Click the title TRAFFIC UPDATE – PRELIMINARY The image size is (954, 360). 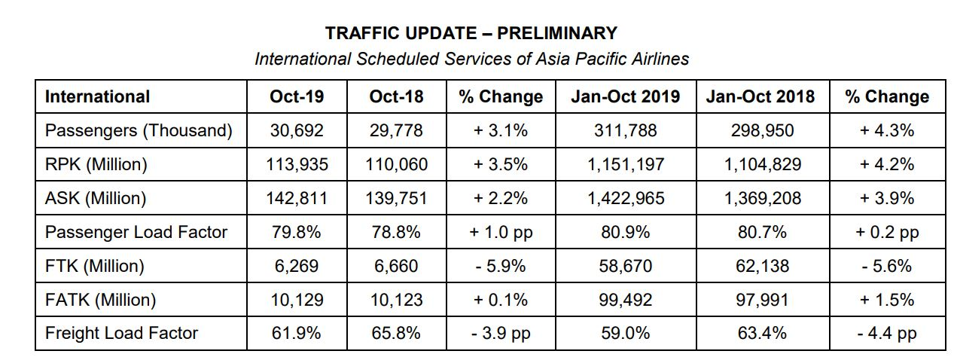point(471,33)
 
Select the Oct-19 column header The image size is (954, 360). point(297,96)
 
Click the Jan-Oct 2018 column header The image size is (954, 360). point(760,96)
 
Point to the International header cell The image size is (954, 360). point(97,96)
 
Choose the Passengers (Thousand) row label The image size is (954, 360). point(139,130)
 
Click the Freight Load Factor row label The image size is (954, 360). point(121,333)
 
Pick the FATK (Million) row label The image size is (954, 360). point(100,300)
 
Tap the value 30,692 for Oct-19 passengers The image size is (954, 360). point(297,130)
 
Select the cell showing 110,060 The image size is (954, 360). point(396,164)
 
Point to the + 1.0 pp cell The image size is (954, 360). point(501,232)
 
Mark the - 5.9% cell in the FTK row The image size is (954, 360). point(501,266)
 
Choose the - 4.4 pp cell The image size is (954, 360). point(887,333)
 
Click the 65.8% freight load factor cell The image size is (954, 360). point(396,333)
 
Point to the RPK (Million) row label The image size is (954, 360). point(96,164)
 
